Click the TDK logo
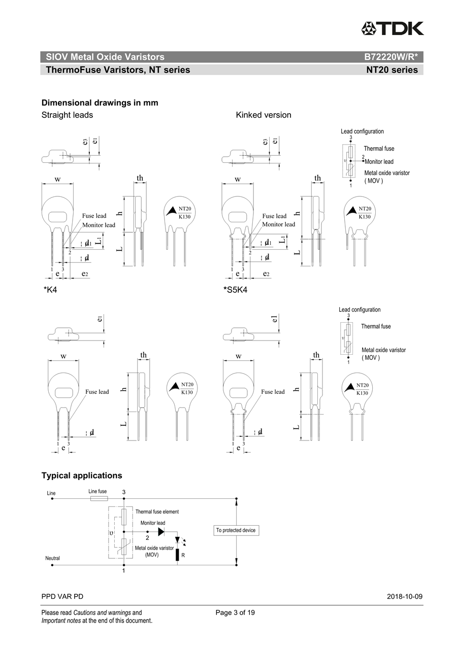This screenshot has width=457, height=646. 392,28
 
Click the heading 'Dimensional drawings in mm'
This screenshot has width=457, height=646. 100,103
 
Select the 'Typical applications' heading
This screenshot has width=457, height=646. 82,475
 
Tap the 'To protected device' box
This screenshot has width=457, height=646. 236,530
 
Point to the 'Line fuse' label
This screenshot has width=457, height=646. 97,491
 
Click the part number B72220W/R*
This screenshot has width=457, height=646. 390,57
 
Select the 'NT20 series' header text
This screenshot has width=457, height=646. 392,70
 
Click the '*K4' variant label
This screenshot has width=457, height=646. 50,290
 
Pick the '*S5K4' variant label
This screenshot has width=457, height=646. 235,290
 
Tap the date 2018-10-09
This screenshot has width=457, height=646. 404,596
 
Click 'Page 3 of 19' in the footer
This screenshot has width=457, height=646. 235,613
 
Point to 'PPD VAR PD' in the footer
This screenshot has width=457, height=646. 62,596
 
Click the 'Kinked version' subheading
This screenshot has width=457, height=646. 264,115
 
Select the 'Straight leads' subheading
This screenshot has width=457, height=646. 67,115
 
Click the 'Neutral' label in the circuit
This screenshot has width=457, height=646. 53,558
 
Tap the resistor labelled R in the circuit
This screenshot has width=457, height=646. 177,555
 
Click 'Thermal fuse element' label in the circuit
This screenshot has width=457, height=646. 157,512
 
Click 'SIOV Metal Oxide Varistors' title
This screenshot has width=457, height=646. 105,57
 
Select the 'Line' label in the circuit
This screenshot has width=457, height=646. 51,493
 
